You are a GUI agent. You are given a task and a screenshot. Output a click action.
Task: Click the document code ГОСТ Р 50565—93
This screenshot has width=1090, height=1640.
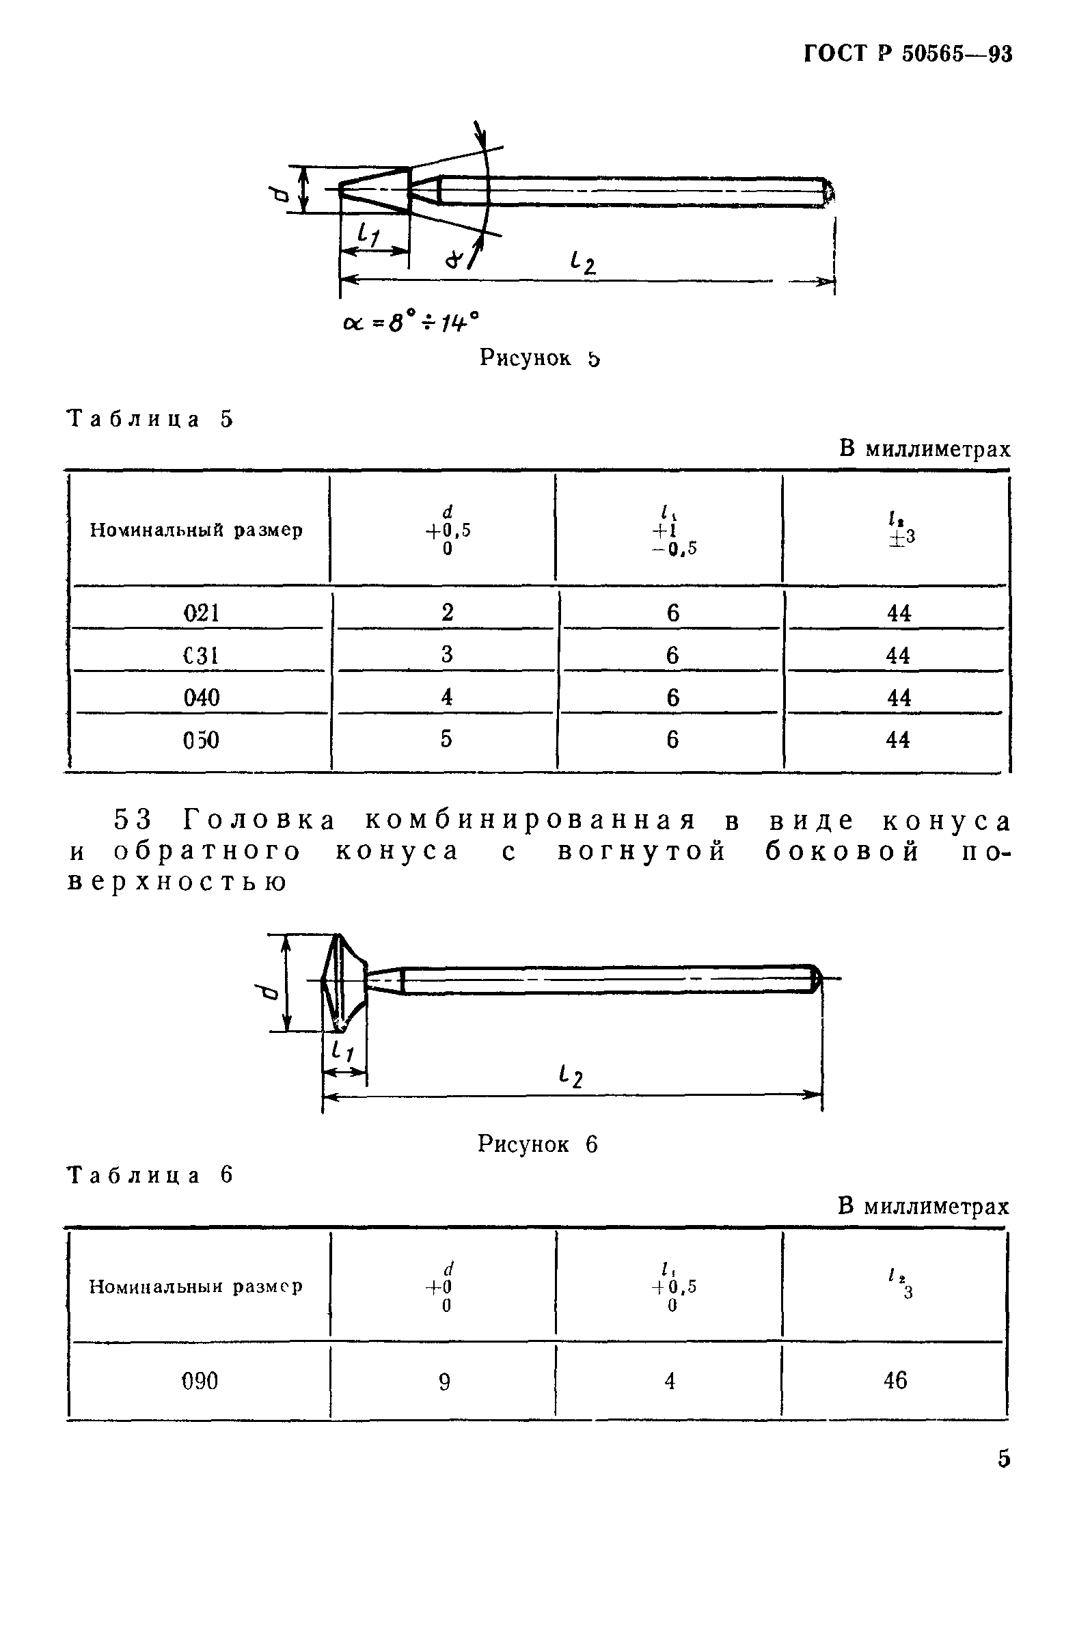tap(907, 54)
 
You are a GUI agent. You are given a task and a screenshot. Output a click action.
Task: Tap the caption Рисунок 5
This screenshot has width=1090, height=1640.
tap(539, 358)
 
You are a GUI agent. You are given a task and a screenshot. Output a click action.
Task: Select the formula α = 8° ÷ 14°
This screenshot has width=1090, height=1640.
tap(411, 322)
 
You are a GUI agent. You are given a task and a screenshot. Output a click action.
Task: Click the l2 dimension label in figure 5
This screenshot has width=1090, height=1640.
tap(582, 262)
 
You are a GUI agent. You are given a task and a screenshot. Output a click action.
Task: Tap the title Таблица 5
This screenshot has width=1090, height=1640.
tap(150, 419)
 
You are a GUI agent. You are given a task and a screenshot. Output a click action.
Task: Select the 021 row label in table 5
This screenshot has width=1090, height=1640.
tap(201, 613)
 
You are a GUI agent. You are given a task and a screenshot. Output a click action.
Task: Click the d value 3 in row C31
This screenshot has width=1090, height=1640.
tap(447, 655)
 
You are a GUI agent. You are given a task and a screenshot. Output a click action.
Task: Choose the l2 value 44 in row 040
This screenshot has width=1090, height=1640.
tap(898, 697)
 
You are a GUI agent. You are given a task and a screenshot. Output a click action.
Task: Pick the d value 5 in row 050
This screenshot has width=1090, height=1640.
tap(446, 739)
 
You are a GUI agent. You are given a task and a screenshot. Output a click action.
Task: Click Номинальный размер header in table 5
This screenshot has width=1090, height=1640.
tap(196, 530)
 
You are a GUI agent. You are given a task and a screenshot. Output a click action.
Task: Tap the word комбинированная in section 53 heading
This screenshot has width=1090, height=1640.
tap(530, 821)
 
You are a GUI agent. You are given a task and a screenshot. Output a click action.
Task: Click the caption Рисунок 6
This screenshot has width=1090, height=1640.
tap(537, 1144)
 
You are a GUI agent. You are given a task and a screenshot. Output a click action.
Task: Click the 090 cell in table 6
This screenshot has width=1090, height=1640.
tap(200, 1381)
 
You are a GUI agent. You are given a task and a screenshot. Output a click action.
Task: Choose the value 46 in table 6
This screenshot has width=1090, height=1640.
tap(895, 1381)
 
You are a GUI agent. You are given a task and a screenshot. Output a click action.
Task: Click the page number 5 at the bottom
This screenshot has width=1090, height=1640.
tap(1003, 1458)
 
